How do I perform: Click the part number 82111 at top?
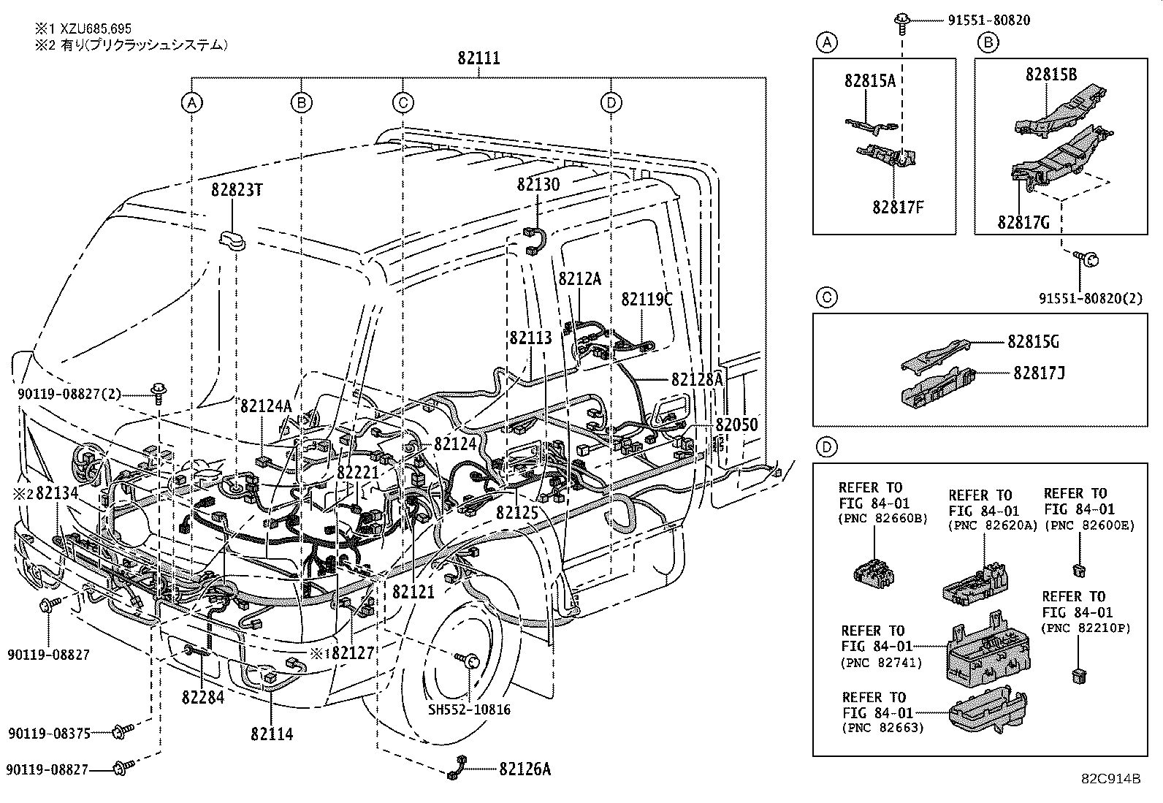coord(478,58)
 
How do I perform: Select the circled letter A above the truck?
coord(192,102)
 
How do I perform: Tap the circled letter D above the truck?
coord(611,102)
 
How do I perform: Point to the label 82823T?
coord(237,190)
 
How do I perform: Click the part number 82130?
coord(538,184)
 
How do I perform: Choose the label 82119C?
coord(647,299)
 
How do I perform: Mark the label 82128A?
coord(697,379)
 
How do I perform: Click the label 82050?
coord(736,425)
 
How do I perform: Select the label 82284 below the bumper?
coord(203,697)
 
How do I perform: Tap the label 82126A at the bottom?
coord(525,769)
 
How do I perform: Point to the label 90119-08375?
coord(50,732)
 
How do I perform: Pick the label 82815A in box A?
coord(870,81)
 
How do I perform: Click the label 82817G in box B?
coord(1023,222)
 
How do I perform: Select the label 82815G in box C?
coord(1033,341)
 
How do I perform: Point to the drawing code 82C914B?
coord(1111,778)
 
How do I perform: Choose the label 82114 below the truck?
coord(271,734)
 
